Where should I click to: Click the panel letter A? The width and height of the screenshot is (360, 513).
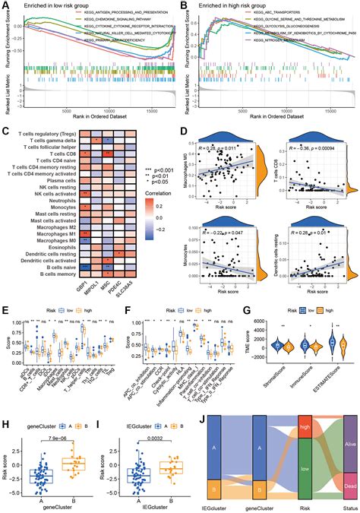coord(5,6)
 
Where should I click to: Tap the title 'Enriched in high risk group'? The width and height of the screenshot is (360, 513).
coord(232,6)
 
